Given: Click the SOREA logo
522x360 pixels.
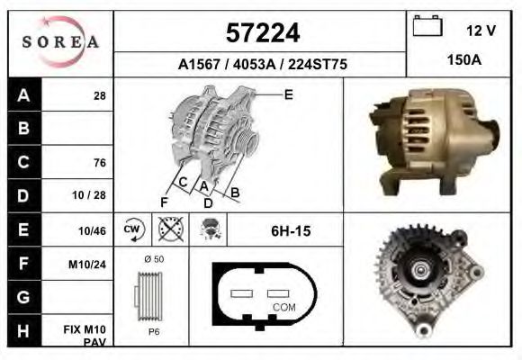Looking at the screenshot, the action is (x=60, y=42).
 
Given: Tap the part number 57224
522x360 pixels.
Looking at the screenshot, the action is (x=263, y=32).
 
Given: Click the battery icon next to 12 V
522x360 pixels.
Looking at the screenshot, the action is (x=427, y=25).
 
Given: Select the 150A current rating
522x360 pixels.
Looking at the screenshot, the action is (x=464, y=60).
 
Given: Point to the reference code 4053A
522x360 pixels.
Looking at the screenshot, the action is (x=254, y=64).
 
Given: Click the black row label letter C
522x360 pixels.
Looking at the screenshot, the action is (x=23, y=162).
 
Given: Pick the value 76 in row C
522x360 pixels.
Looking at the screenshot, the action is (x=100, y=163).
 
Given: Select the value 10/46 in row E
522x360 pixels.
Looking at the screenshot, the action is (x=92, y=230).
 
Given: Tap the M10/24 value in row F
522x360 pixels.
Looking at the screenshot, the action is (x=87, y=265).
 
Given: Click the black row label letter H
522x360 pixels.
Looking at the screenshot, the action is (x=23, y=330).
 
